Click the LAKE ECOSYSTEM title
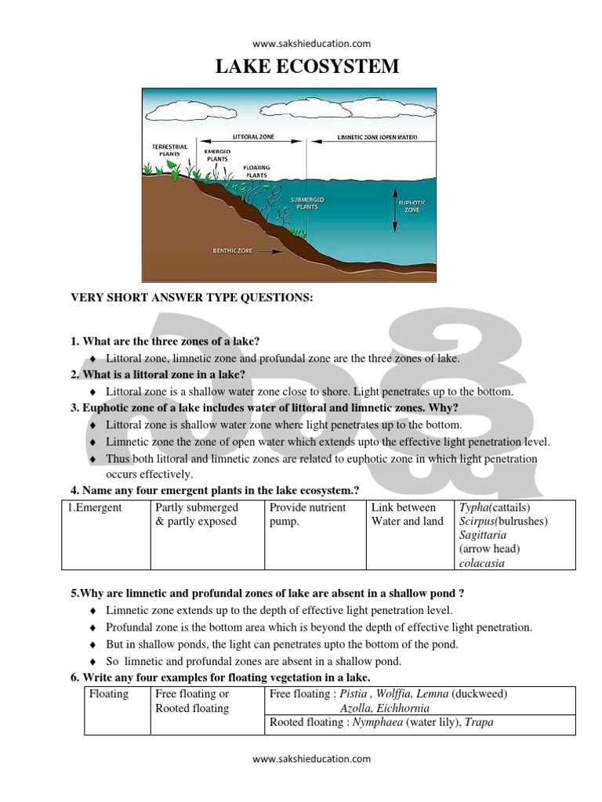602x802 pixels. pos(307,67)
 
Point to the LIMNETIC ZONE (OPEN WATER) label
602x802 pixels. pos(377,137)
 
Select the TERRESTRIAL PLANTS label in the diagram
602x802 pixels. pos(169,150)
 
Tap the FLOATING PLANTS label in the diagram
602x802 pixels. pos(256,170)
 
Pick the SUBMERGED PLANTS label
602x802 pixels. pos(307,203)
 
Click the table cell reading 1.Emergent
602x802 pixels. pos(95,508)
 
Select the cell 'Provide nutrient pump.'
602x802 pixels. pos(307,515)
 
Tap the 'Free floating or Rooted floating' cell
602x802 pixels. pos(192,701)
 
